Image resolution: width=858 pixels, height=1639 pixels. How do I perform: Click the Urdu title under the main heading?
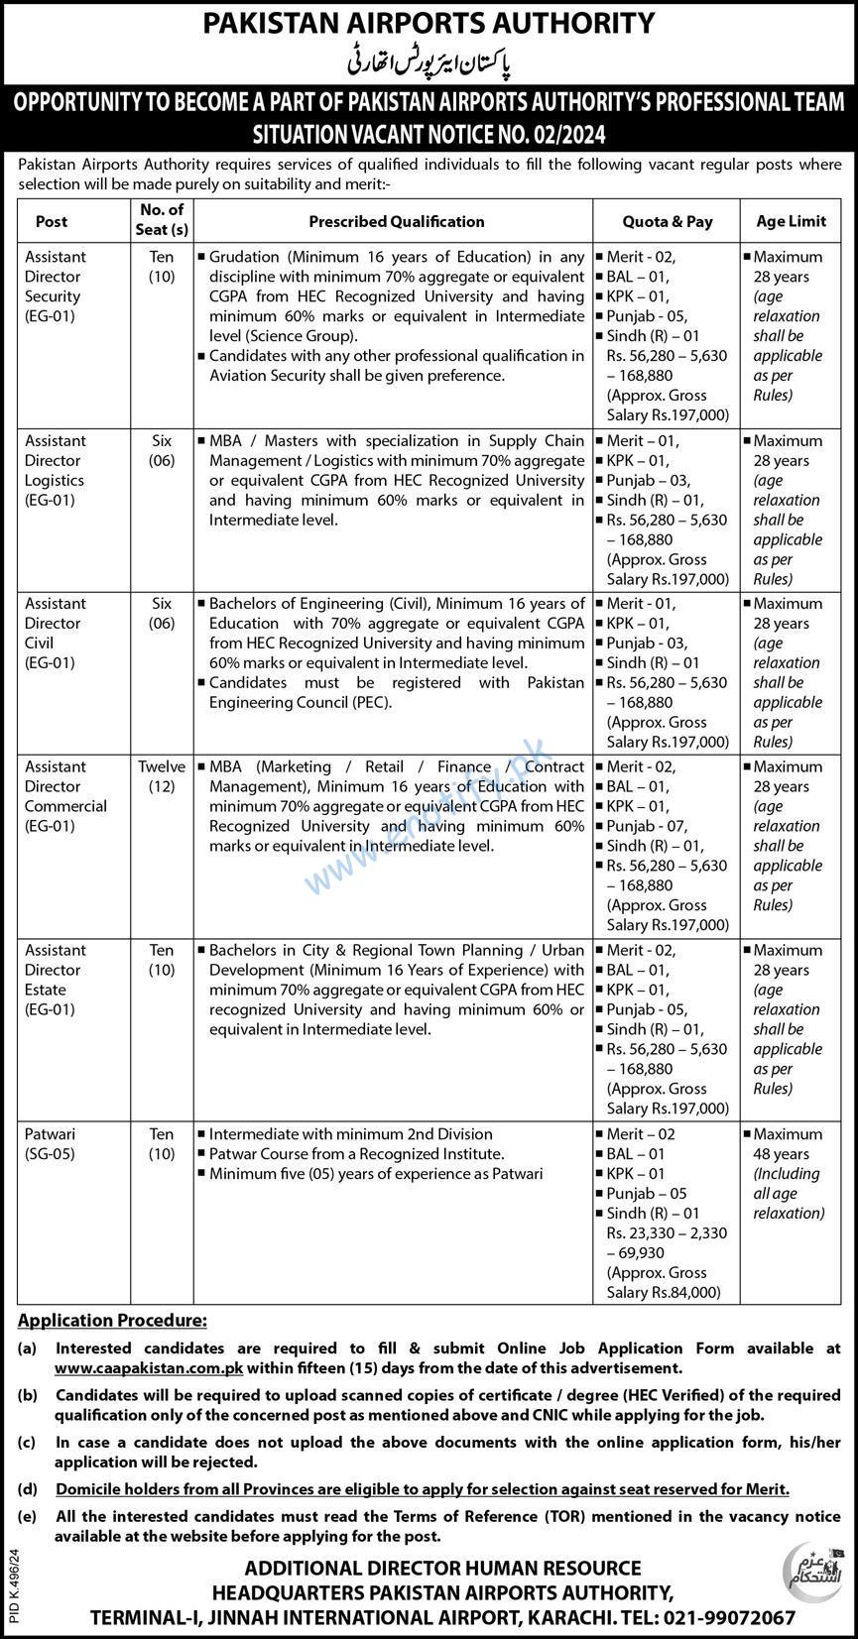[429, 61]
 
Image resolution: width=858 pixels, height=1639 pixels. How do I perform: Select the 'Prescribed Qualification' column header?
[396, 221]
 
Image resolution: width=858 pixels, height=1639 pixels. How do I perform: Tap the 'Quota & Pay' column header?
[667, 222]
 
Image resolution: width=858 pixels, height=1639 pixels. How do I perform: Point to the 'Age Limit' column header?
[791, 221]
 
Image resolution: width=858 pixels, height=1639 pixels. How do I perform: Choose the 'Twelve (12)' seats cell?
[162, 776]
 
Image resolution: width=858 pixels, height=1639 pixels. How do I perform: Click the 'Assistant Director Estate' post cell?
[57, 980]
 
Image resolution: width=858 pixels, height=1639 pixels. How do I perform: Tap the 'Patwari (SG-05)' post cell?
[51, 1143]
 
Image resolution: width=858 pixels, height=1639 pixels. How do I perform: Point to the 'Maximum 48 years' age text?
[788, 1143]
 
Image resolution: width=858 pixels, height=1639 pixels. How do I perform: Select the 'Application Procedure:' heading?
[113, 1321]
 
